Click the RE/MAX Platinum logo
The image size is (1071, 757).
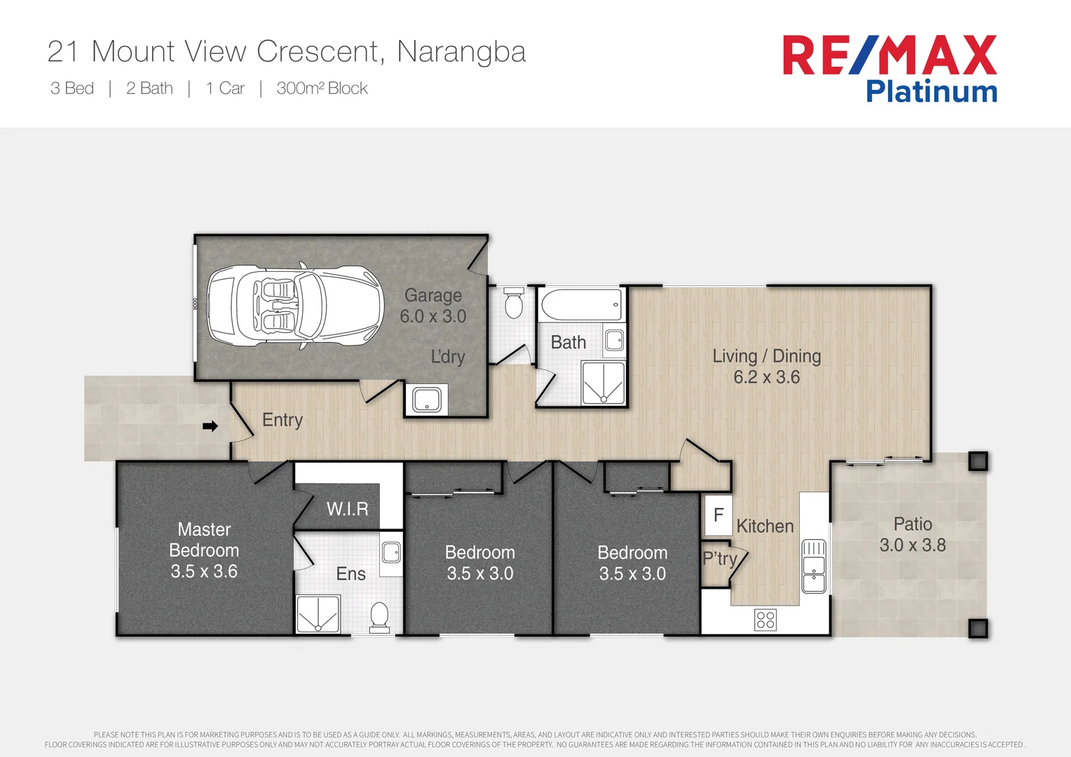pyautogui.click(x=889, y=69)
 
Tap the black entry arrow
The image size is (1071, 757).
pyautogui.click(x=210, y=426)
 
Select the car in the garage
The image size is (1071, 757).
pyautogui.click(x=295, y=306)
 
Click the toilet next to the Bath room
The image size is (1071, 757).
pyautogui.click(x=514, y=303)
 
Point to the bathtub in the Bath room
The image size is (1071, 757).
pyautogui.click(x=581, y=305)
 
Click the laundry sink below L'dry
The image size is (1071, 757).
pyautogui.click(x=426, y=400)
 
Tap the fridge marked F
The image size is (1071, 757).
pyautogui.click(x=718, y=515)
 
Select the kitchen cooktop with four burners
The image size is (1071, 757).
pyautogui.click(x=765, y=620)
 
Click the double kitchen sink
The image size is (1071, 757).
pyautogui.click(x=814, y=566)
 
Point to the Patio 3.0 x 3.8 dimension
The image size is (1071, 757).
pyautogui.click(x=913, y=545)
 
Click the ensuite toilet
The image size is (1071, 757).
pyautogui.click(x=379, y=617)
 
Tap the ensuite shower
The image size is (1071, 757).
pyautogui.click(x=318, y=614)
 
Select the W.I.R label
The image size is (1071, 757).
pyautogui.click(x=347, y=509)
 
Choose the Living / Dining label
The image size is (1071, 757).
pyautogui.click(x=766, y=356)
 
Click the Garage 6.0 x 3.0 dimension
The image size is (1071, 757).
pyautogui.click(x=432, y=317)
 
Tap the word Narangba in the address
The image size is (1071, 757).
pyautogui.click(x=461, y=52)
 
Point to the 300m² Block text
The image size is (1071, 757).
pyautogui.click(x=322, y=88)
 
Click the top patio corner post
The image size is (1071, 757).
pyautogui.click(x=978, y=461)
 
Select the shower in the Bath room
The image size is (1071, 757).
pyautogui.click(x=603, y=383)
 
